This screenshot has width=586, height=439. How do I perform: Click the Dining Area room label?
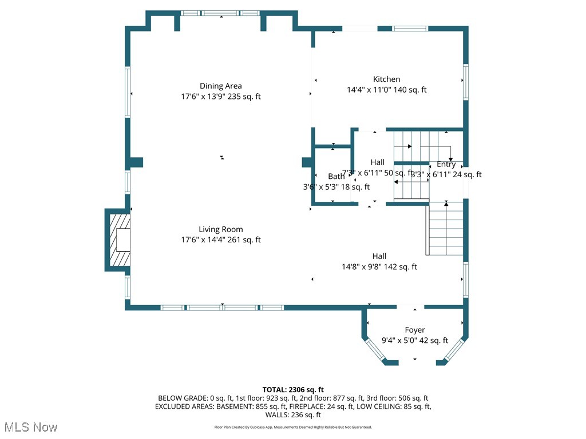coord(220,86)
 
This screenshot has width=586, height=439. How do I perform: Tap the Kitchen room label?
coord(386,79)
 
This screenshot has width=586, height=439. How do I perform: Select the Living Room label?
coord(220,229)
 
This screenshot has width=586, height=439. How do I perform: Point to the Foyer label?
coord(414,330)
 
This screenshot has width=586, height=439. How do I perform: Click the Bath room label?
coord(336,176)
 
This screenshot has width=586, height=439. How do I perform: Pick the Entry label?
coord(446,164)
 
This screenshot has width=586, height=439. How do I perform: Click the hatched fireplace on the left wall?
coord(118,240)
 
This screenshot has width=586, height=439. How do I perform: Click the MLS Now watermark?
coord(30,427)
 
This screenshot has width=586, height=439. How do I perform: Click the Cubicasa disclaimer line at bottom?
coord(293,427)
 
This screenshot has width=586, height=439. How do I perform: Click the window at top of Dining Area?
coord(222,13)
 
